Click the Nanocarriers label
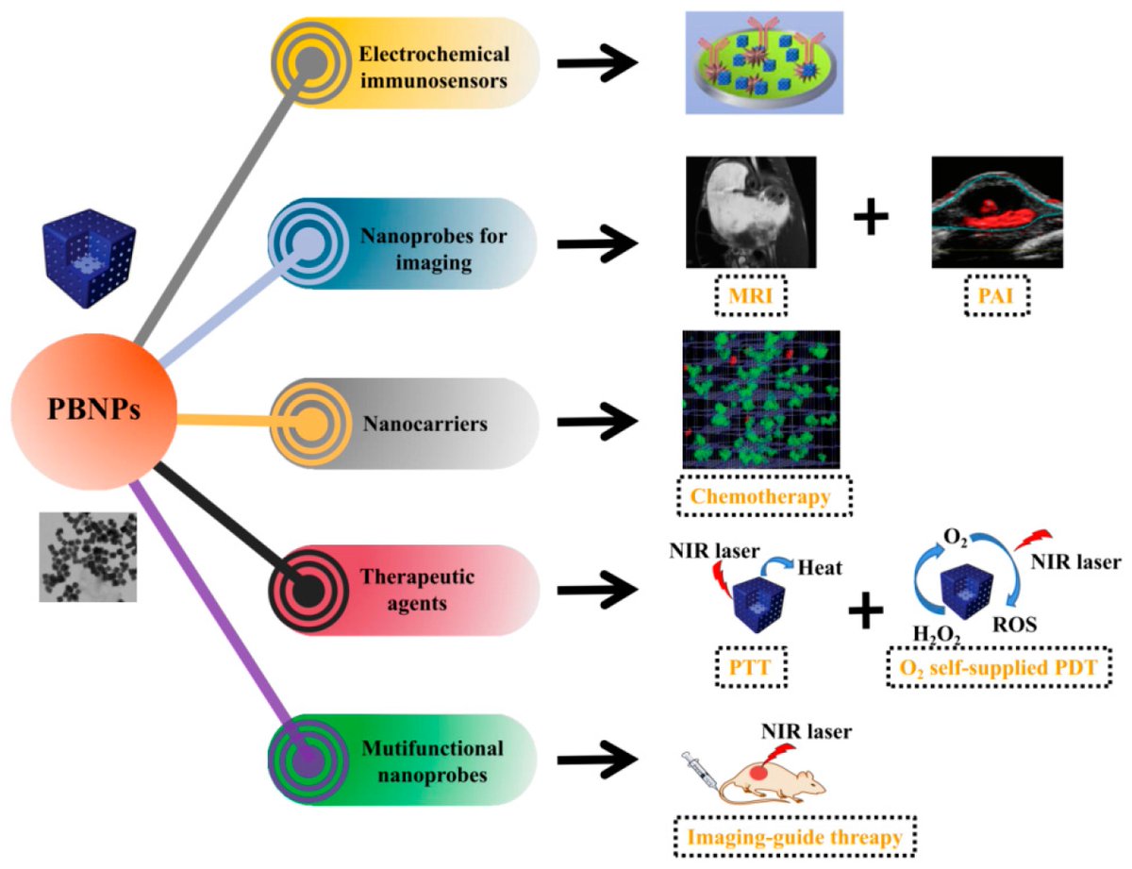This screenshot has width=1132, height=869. [424, 424]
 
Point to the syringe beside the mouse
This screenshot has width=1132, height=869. [704, 763]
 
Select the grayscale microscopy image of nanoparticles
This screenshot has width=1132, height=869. [88, 557]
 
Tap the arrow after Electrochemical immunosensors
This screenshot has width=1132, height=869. [599, 64]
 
